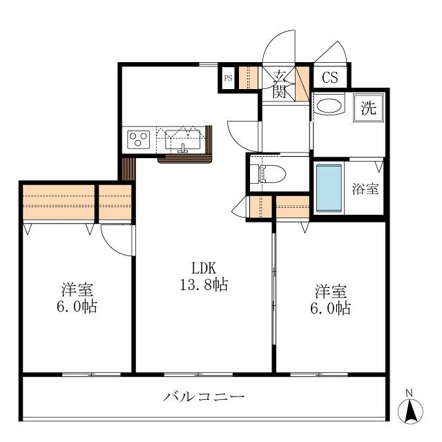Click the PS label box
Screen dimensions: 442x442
[x=228, y=77]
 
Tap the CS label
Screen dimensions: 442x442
[x=330, y=77]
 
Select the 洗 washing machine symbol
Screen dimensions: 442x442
[x=369, y=108]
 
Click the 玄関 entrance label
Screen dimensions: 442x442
[x=279, y=83]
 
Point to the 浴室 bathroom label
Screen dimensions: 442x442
[x=365, y=189]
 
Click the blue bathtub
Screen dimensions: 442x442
[x=329, y=188]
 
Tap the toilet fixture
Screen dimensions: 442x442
[x=269, y=173]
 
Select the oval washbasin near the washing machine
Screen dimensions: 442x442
[x=329, y=106]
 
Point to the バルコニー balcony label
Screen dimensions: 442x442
[x=204, y=396]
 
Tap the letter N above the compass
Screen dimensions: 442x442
[x=410, y=394]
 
